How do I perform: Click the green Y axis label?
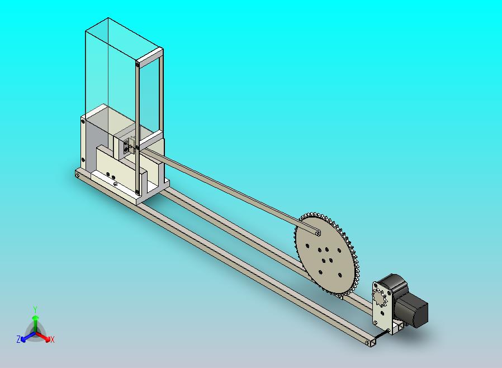pyautogui.click(x=35, y=309)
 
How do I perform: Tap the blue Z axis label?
pyautogui.click(x=18, y=339)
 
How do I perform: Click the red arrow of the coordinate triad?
pyautogui.click(x=42, y=337)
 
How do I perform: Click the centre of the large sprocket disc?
pyautogui.click(x=324, y=254)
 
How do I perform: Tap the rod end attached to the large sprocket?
pyautogui.click(x=317, y=233)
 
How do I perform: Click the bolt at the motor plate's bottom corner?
pyautogui.click(x=389, y=330)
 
